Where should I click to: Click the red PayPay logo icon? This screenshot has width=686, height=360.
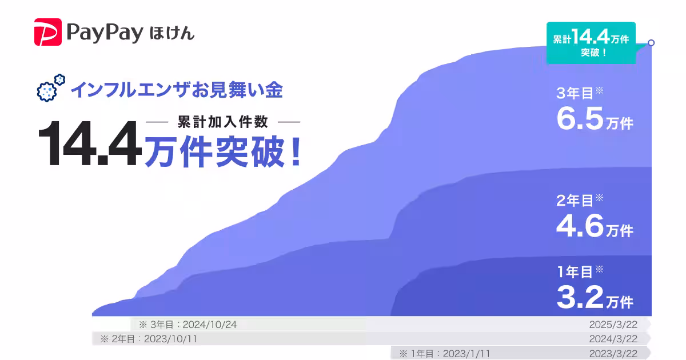click(47, 32)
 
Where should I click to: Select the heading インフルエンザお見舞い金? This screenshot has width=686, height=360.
click(177, 90)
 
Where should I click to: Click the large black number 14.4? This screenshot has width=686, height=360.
click(90, 143)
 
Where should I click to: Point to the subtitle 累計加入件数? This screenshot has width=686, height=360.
click(223, 122)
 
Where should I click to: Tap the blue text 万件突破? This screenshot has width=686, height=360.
click(223, 153)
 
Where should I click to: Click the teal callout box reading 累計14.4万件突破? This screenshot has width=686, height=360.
click(591, 43)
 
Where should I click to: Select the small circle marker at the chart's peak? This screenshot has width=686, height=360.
click(651, 42)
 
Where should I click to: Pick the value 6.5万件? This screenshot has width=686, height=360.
click(595, 118)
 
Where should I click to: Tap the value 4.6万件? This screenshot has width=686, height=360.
click(595, 226)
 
